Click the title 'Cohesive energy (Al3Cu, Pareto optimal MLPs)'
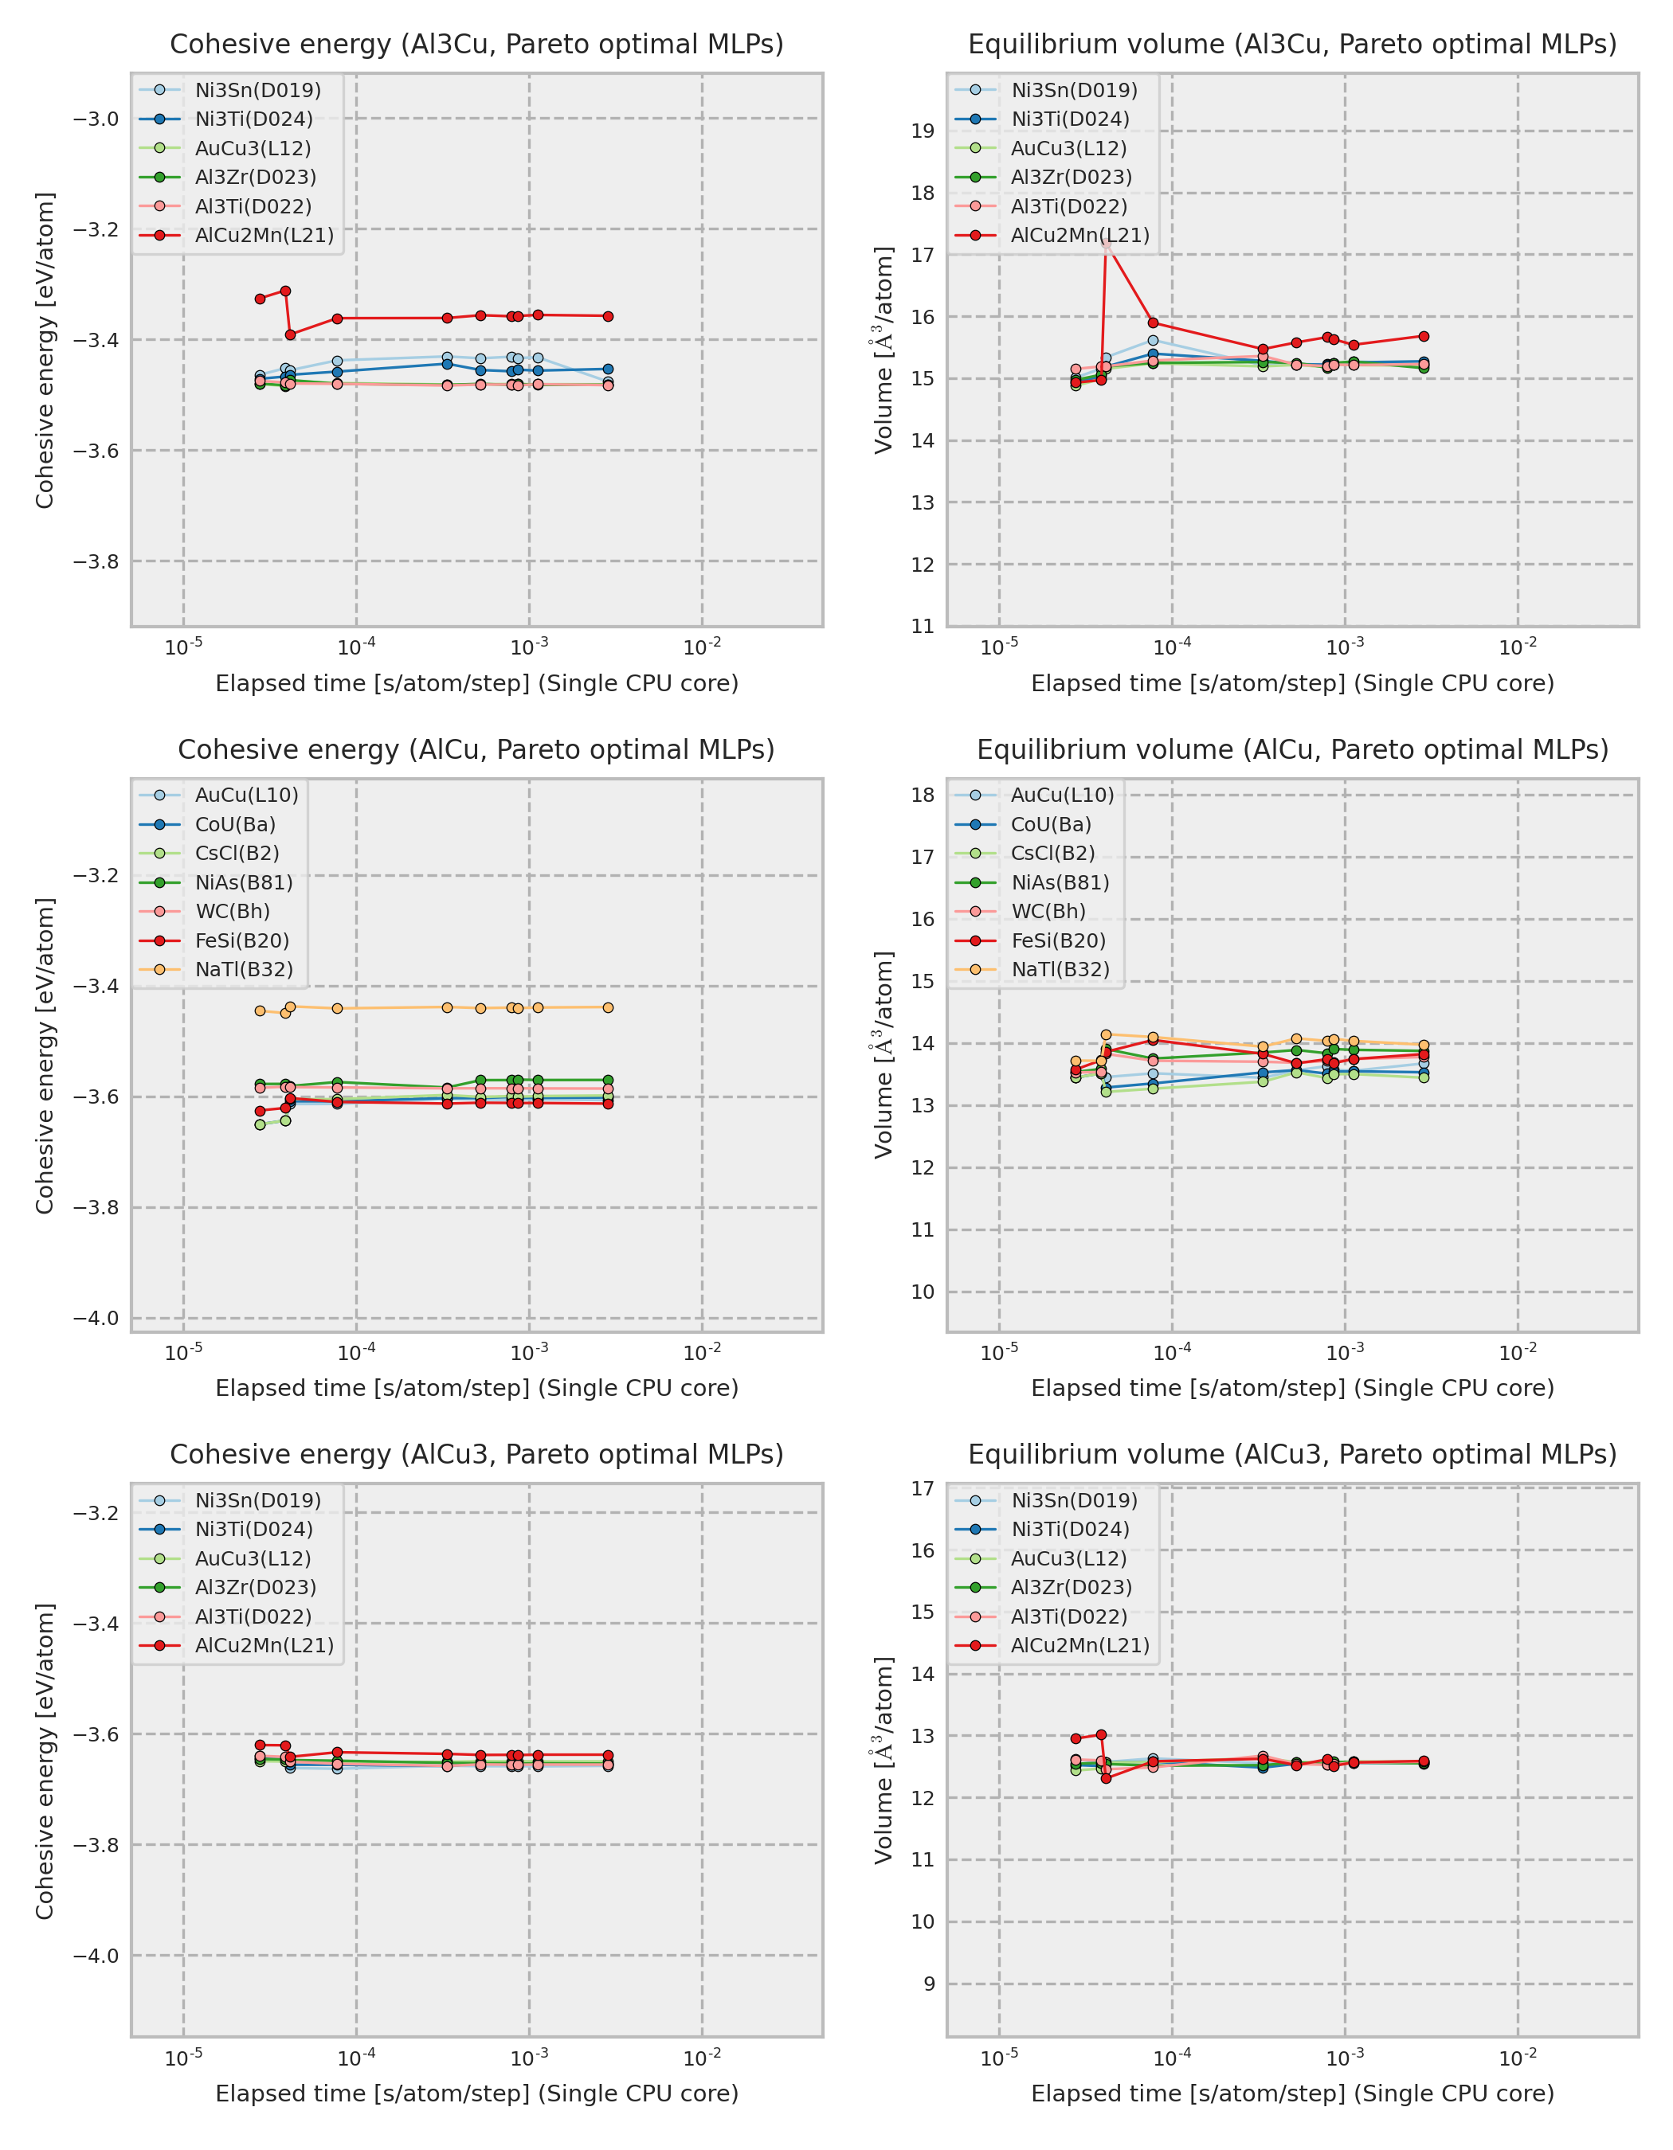tap(476, 45)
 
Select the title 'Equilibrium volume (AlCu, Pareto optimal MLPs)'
tap(1292, 749)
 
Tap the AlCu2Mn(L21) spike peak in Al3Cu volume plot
tap(1107, 241)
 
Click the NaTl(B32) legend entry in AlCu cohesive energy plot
tap(243, 970)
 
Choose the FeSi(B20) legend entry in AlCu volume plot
tap(1057, 940)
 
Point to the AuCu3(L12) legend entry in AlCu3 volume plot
tap(1068, 1558)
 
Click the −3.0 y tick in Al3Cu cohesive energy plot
tap(96, 119)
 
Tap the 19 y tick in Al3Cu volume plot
tap(923, 131)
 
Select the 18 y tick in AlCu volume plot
tap(923, 795)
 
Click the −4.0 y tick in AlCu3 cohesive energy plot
tap(96, 1956)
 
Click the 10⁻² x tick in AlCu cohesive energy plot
tap(702, 1353)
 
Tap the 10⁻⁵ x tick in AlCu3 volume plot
tap(1000, 2058)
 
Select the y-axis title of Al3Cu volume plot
tap(884, 350)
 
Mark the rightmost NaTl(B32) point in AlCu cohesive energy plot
tap(608, 1007)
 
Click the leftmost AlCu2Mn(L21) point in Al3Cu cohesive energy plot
tap(260, 299)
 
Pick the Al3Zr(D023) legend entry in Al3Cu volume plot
tap(1071, 178)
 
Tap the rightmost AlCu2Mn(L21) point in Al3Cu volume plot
tap(1424, 337)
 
